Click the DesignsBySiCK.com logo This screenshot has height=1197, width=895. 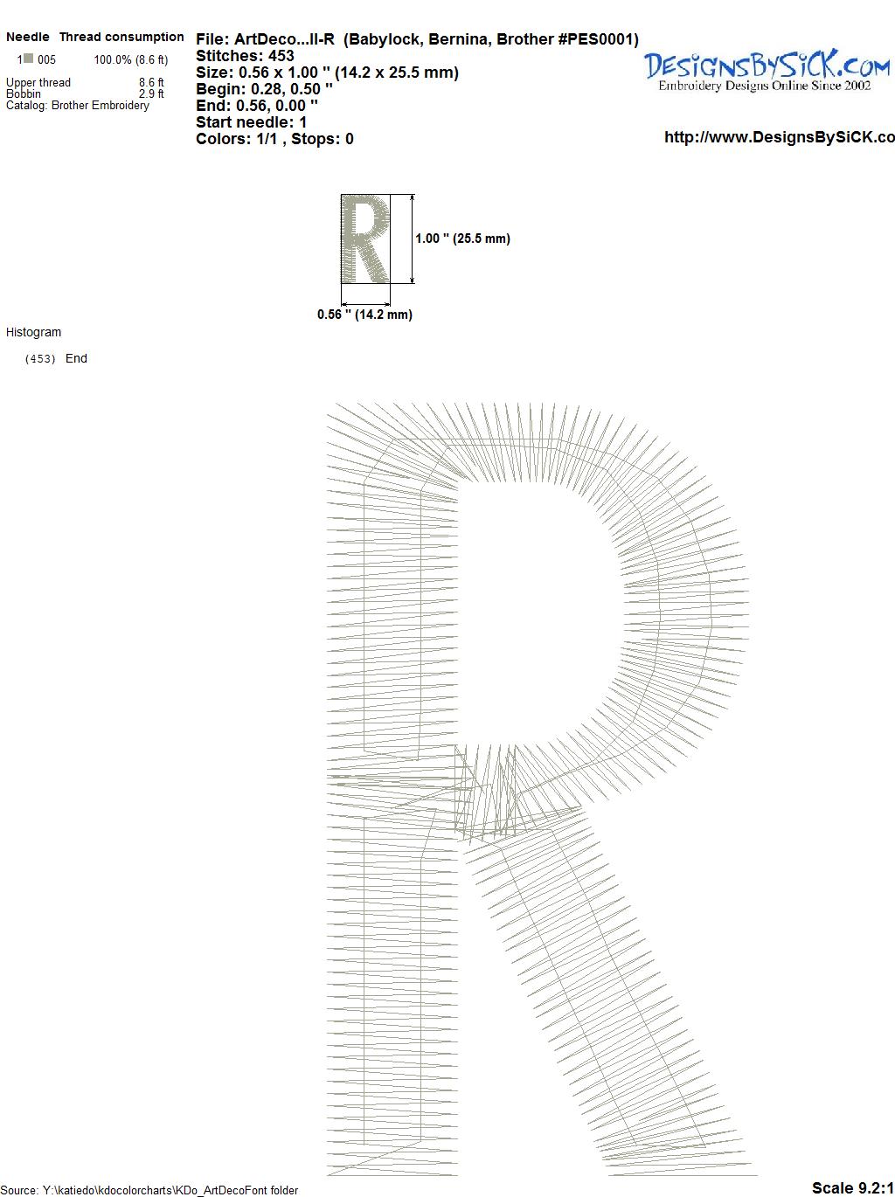pyautogui.click(x=767, y=71)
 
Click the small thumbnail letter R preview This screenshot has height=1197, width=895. pyautogui.click(x=365, y=239)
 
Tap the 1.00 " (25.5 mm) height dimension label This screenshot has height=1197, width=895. pyautogui.click(x=462, y=239)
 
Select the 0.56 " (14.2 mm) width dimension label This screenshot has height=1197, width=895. pyautogui.click(x=364, y=315)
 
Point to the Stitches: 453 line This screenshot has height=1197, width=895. pyautogui.click(x=245, y=56)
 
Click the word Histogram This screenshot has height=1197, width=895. pyautogui.click(x=33, y=332)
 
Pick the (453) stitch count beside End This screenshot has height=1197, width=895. pyautogui.click(x=40, y=359)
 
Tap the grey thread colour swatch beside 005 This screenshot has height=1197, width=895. pyautogui.click(x=29, y=59)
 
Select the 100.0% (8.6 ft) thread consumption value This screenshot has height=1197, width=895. pyautogui.click(x=131, y=59)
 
